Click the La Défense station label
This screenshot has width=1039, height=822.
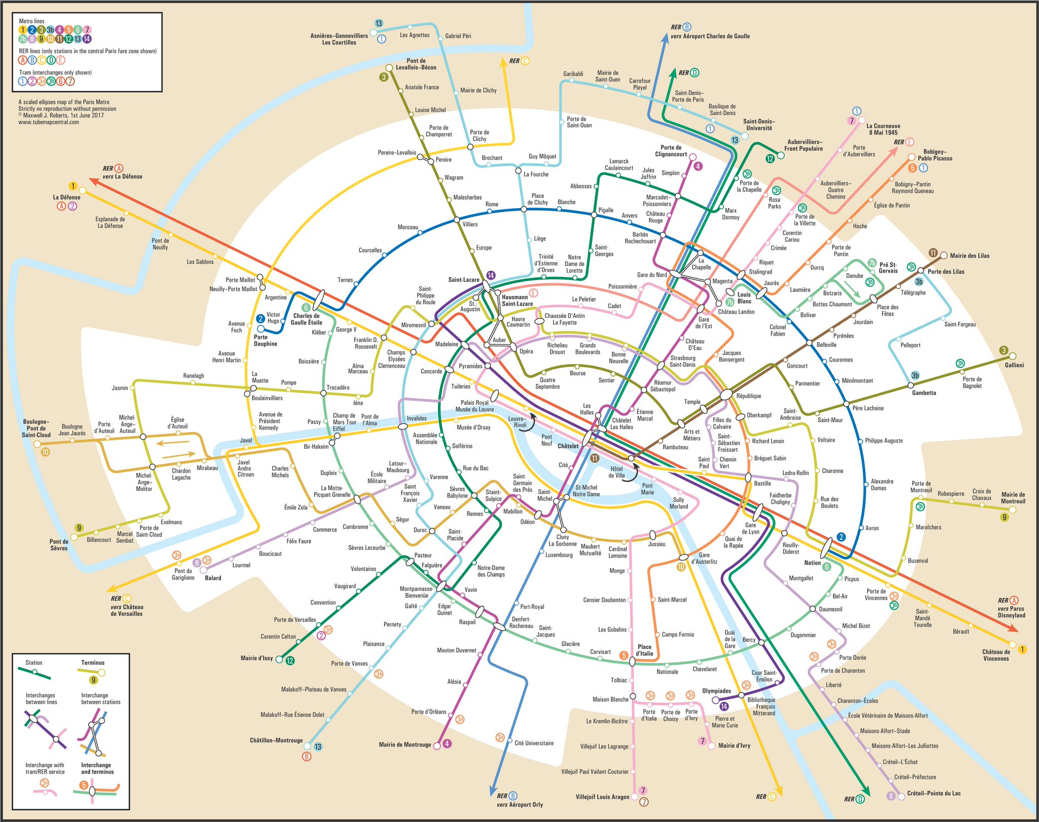(x=66, y=198)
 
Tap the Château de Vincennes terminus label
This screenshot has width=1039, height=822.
(x=996, y=655)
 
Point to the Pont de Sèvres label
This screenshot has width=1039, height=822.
(x=59, y=545)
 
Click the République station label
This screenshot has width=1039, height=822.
(x=748, y=396)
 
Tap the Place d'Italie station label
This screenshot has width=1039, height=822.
(x=644, y=650)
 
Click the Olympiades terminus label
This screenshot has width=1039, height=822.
(x=716, y=691)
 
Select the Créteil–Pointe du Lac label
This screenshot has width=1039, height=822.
(x=933, y=794)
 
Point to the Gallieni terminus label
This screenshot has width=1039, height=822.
(x=1014, y=365)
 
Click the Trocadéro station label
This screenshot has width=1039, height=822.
(x=338, y=388)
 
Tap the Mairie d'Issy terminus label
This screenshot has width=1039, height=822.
(x=257, y=659)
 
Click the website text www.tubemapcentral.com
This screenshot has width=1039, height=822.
(x=49, y=122)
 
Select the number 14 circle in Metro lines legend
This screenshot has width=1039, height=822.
(x=87, y=39)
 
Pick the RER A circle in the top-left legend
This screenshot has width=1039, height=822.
(x=22, y=60)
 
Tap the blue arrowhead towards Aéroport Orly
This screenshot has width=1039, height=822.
(x=491, y=790)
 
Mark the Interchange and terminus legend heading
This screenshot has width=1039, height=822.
(x=96, y=768)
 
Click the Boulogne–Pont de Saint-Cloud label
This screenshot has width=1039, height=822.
(x=36, y=428)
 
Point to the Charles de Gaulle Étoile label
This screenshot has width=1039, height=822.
(x=306, y=319)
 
